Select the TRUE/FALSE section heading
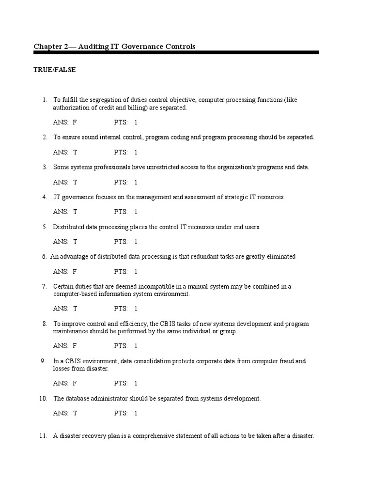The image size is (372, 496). coord(54,70)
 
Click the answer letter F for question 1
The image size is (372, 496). coord(75,123)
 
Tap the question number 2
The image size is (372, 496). coord(45,137)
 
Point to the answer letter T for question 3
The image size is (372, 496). coord(75,182)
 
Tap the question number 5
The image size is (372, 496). coord(45,227)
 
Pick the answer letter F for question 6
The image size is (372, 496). coord(75,271)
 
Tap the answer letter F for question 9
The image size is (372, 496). coord(75,383)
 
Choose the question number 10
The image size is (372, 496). coord(43,399)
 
